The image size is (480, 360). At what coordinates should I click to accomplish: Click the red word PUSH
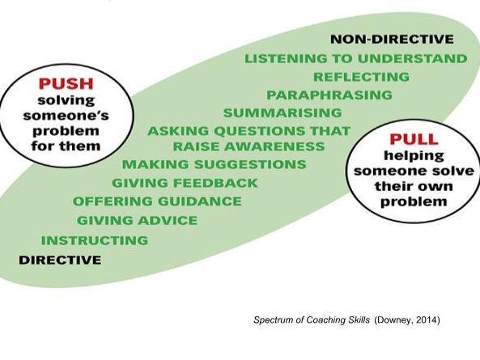pyautogui.click(x=66, y=83)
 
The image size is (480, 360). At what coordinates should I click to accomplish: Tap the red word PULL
pyautogui.click(x=414, y=139)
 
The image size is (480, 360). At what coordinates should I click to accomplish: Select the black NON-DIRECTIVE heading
pyautogui.click(x=392, y=39)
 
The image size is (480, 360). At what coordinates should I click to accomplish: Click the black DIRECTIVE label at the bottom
pyautogui.click(x=60, y=260)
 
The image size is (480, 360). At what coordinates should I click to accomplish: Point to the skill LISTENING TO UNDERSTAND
pyautogui.click(x=356, y=58)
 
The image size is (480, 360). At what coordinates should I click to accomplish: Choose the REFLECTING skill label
pyautogui.click(x=362, y=77)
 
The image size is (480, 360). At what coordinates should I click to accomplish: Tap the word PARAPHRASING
pyautogui.click(x=329, y=95)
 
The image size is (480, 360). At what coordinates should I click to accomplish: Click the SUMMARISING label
pyautogui.click(x=282, y=113)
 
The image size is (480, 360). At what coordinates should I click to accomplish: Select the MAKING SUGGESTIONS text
pyautogui.click(x=215, y=164)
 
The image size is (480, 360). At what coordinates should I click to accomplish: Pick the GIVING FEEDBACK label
pyautogui.click(x=185, y=183)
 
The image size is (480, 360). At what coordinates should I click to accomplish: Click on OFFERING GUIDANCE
pyautogui.click(x=157, y=201)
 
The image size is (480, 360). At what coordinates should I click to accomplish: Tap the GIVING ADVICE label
pyautogui.click(x=137, y=220)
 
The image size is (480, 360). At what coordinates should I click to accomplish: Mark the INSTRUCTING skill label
pyautogui.click(x=95, y=240)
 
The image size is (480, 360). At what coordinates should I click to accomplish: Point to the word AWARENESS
pyautogui.click(x=274, y=146)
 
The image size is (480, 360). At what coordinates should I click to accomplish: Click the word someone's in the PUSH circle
pyautogui.click(x=66, y=116)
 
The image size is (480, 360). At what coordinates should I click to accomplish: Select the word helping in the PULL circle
pyautogui.click(x=414, y=155)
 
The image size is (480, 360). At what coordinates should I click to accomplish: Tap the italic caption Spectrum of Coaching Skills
pyautogui.click(x=312, y=320)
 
